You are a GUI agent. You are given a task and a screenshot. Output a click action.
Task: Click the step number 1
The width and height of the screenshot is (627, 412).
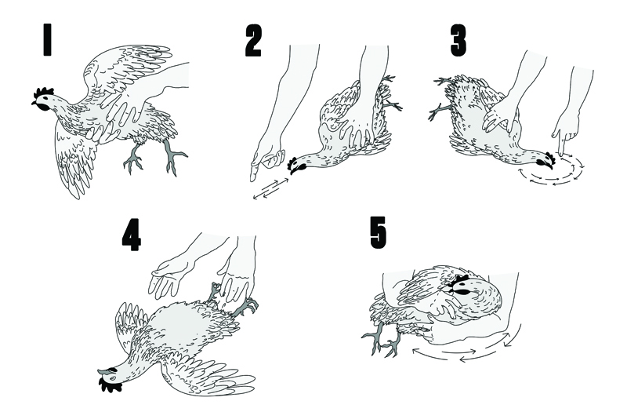coord(47,40)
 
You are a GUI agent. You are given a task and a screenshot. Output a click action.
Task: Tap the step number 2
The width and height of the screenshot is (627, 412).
coord(253,40)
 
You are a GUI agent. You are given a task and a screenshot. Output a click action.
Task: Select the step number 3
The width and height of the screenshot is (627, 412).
coord(458,40)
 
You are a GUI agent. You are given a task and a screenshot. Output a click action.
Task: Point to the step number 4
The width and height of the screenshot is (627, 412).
coord(131,235)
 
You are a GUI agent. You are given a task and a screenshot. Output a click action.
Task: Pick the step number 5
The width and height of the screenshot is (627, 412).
coord(379,232)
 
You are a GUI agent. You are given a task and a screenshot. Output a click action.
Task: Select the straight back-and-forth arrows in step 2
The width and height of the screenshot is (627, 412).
coord(271,188)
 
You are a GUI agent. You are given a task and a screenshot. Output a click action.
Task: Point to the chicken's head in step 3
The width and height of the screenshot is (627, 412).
coord(545,160)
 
